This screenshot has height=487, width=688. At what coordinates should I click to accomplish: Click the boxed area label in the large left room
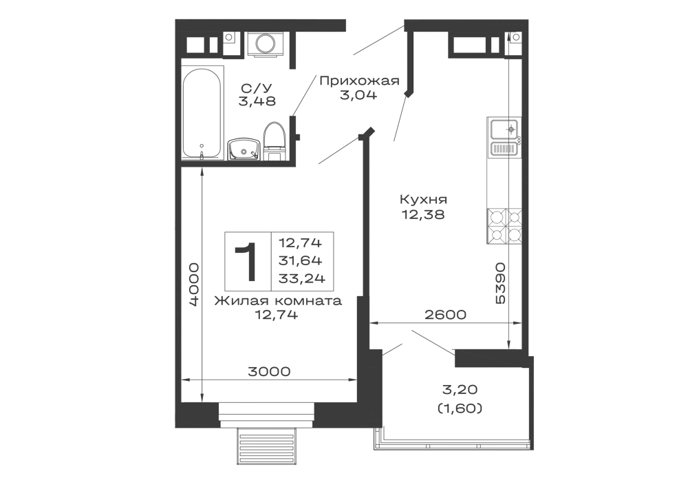[x=277, y=262]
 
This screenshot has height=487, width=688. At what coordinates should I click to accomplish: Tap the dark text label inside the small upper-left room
[x=257, y=96]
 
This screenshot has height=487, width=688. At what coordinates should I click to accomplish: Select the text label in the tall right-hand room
[x=423, y=207]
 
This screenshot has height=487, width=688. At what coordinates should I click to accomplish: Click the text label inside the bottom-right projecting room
[x=460, y=400]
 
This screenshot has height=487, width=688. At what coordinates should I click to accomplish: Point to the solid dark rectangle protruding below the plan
[x=267, y=448]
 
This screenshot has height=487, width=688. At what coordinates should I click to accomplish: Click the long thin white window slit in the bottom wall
[x=267, y=411]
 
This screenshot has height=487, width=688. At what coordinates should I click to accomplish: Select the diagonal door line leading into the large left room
[x=336, y=149]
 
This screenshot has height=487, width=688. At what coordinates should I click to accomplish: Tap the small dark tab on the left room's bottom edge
[x=270, y=369]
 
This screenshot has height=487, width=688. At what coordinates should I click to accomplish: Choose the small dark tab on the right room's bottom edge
[x=445, y=314]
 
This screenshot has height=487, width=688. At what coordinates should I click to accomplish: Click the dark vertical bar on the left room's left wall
[x=193, y=282]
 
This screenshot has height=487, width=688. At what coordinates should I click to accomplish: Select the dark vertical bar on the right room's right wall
[x=502, y=282]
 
